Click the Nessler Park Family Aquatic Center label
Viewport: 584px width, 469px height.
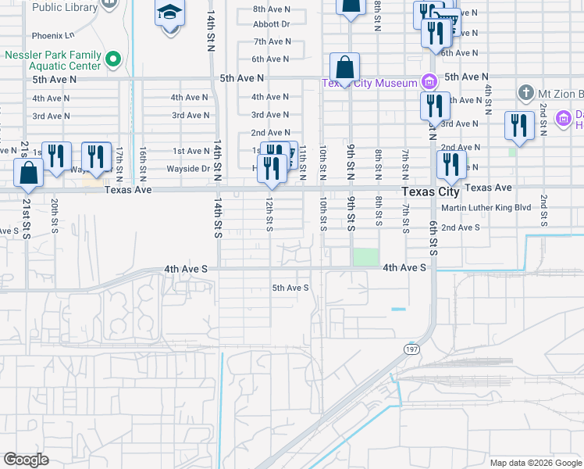(52, 61)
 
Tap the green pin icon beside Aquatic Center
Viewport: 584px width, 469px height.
(113, 59)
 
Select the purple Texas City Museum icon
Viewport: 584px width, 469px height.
(429, 81)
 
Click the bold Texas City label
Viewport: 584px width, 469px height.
(430, 192)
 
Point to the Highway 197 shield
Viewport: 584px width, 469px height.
(411, 349)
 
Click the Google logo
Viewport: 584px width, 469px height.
(26, 460)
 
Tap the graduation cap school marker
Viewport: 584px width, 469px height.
(169, 13)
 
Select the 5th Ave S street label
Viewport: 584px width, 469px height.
(290, 288)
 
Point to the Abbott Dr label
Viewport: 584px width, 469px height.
(272, 24)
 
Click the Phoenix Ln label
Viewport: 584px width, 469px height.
(53, 36)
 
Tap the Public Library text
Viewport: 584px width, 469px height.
(66, 8)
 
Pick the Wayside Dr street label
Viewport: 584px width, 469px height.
(188, 169)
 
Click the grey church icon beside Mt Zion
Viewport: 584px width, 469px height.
(526, 94)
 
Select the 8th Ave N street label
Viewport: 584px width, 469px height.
(272, 9)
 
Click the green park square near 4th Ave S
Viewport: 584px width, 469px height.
(365, 257)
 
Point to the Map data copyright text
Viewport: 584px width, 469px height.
(534, 463)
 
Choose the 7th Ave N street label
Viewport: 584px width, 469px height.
(272, 41)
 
